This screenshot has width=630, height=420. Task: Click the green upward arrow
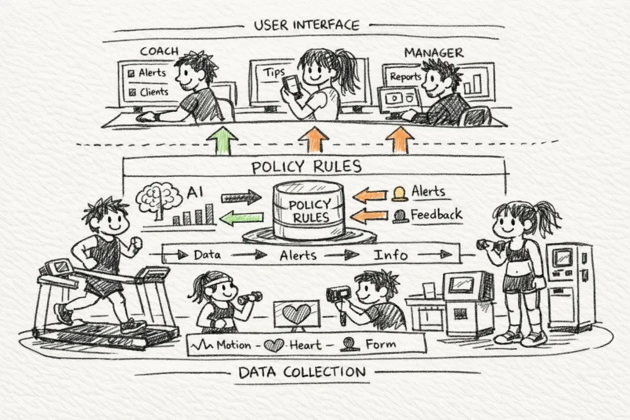coord(222,141)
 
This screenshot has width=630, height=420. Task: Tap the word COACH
coord(159,51)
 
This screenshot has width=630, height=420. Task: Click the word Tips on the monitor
coord(274,72)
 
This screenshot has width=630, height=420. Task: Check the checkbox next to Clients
coord(131,92)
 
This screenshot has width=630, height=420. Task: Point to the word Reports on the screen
coord(405,76)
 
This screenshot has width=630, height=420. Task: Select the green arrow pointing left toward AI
coord(240,218)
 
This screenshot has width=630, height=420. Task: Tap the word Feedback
coord(436,214)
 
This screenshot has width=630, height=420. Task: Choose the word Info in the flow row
coord(391,255)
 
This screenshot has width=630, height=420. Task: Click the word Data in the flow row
coord(206,255)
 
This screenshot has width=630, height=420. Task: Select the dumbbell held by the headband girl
coord(250,298)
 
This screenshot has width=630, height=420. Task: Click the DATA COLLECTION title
coord(302,372)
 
